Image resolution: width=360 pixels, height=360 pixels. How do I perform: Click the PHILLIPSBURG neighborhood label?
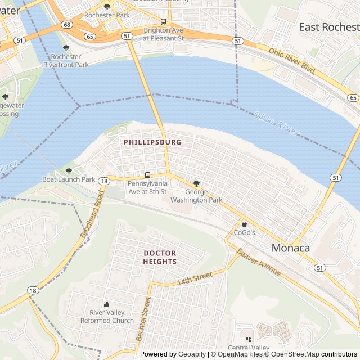point(152,142)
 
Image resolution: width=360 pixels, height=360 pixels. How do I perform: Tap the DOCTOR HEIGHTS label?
point(160,257)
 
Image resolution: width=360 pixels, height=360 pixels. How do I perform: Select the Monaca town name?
point(290,247)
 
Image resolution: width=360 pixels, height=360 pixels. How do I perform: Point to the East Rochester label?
point(328,27)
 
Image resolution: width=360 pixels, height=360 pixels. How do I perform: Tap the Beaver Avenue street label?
point(258,262)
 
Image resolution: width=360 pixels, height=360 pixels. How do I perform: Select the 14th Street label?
point(195,278)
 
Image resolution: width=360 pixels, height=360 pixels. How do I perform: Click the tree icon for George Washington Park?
point(196,183)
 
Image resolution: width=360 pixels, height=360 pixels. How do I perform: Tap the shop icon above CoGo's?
point(244,224)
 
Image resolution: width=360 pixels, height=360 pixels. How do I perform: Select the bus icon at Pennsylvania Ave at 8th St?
point(147,175)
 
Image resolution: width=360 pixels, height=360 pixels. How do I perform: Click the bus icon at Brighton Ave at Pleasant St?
point(163,22)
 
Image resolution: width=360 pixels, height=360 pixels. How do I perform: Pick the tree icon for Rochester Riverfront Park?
point(66,48)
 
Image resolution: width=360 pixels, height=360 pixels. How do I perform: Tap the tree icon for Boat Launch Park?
point(69,171)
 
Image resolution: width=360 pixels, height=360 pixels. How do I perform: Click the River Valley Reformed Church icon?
point(107,304)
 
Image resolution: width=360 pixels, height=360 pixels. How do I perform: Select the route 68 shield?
point(67,25)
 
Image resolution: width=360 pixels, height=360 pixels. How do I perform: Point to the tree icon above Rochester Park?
point(107,7)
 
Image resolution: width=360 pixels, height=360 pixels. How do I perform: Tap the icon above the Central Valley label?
point(248,339)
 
